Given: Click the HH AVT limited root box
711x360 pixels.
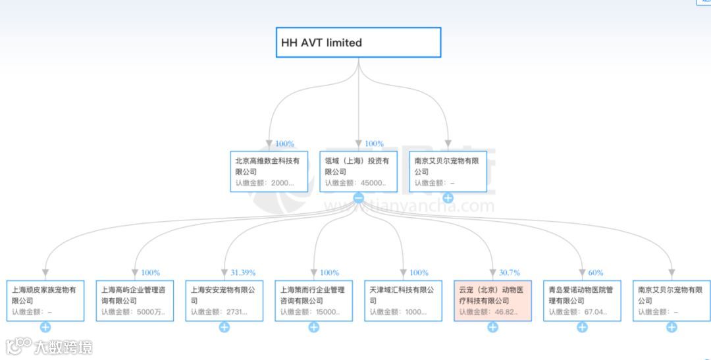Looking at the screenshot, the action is [358, 43].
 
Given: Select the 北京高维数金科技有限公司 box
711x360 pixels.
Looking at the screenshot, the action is [269, 171].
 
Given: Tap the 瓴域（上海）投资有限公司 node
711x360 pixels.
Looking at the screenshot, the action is [359, 171].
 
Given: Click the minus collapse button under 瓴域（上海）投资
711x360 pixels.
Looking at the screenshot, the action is [359, 197].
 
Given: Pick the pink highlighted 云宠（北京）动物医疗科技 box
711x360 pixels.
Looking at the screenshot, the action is [492, 301].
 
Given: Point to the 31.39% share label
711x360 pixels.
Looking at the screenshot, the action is [243, 272].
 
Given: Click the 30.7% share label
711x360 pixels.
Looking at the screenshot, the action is [509, 272].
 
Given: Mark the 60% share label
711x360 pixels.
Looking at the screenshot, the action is [595, 272].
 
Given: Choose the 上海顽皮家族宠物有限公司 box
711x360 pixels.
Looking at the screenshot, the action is [45, 301].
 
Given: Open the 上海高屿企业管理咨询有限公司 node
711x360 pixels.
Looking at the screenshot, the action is [135, 301].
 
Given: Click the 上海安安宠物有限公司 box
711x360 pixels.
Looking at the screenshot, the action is [224, 301].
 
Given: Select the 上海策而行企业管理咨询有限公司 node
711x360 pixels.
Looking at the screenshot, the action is [314, 301].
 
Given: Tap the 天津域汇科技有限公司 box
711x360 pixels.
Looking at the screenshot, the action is [403, 301].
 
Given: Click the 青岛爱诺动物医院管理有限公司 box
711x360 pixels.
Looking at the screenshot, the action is [582, 301].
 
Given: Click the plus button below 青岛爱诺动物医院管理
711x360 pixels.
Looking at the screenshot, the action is [582, 327].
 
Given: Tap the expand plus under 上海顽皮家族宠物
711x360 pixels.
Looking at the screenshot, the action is [45, 327].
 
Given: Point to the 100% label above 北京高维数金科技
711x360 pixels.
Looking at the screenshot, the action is [284, 144].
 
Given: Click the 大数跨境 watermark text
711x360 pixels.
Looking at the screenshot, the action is [63, 347].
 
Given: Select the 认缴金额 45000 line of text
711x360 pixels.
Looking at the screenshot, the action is [355, 183].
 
